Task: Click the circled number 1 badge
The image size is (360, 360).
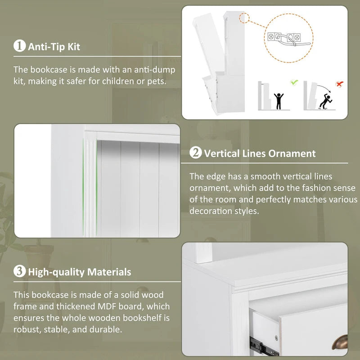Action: click(x=19, y=45)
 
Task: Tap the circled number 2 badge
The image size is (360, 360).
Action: click(x=196, y=153)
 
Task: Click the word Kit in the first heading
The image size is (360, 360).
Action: click(x=74, y=47)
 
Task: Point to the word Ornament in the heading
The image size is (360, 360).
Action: click(x=292, y=153)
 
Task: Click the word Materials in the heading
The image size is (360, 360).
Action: click(x=109, y=272)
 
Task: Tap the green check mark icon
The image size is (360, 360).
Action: click(x=294, y=82)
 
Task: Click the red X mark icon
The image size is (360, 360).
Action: click(x=339, y=84)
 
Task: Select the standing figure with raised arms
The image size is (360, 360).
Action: click(x=279, y=101)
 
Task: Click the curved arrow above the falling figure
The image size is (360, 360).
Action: click(x=324, y=88)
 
